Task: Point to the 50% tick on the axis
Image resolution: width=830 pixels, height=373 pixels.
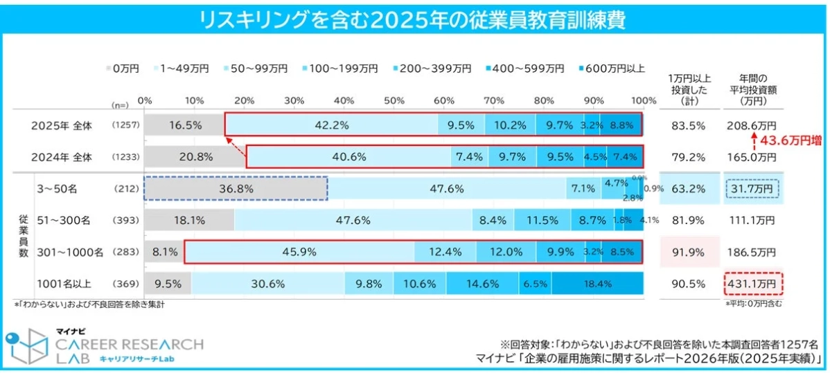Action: coord(394,101)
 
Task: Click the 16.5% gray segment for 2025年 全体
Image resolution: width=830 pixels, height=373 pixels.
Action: coord(184,125)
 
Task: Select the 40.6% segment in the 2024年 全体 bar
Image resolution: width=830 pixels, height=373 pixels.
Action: coord(348,156)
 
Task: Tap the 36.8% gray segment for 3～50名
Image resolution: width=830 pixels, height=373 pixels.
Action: coord(236,188)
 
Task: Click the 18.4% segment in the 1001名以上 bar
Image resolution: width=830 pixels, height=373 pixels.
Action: coord(597,283)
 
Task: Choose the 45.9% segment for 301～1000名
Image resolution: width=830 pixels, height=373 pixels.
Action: coord(299,252)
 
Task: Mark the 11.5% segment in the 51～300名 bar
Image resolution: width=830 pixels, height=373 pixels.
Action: coord(542,220)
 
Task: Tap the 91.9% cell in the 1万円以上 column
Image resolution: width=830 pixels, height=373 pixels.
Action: coord(689,252)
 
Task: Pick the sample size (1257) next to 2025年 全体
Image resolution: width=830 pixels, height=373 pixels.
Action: coord(125,126)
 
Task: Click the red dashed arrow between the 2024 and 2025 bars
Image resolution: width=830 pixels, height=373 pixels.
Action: coord(236,141)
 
